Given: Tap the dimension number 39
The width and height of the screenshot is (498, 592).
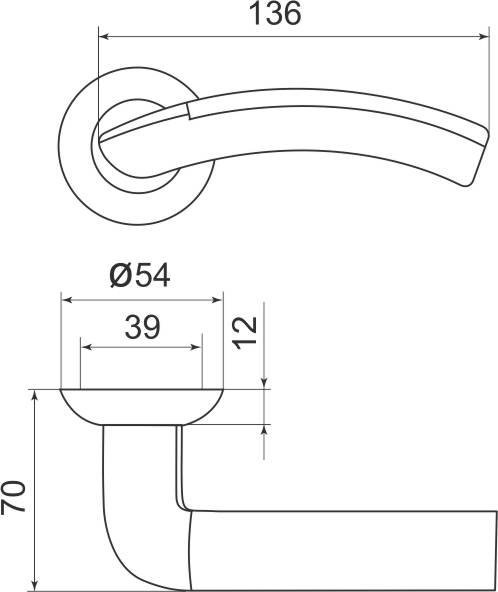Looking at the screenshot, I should coord(141,327).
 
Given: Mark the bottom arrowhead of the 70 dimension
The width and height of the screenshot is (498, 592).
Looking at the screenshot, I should coord(36,583).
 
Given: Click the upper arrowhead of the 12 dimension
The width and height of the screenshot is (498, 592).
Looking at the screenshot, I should coord(265,382).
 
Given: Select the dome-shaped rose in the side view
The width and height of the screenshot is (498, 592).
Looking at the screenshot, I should coord(141,405).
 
